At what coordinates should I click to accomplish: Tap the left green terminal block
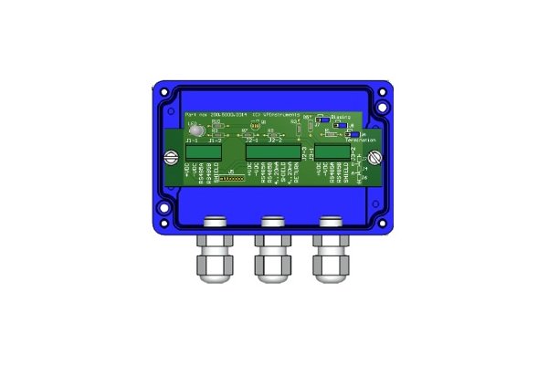point(205,152)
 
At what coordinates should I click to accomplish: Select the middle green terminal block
point(272,152)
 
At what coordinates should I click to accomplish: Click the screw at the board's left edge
point(167,159)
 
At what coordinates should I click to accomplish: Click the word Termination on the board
point(361,140)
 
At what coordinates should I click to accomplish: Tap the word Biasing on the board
point(346,118)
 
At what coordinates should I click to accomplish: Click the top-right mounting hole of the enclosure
point(387,91)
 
